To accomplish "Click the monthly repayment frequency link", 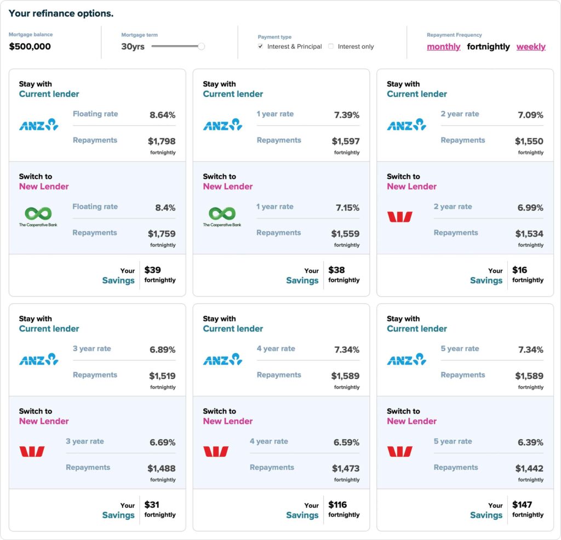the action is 443,47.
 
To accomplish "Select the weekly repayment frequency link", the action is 531,47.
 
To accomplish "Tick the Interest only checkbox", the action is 331,46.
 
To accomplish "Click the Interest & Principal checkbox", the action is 260,46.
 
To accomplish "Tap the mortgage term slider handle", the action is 202,46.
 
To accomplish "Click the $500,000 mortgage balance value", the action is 30,47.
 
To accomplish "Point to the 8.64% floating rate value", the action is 162,115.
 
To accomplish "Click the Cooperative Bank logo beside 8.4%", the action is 38,216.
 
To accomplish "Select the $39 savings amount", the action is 152,270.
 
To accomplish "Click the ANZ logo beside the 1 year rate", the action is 222,124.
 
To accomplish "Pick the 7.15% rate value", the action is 347,208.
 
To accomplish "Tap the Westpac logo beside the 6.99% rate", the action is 399,216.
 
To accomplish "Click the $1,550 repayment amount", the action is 529,141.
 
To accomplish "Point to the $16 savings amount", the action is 519,270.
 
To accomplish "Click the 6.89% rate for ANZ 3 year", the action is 162,349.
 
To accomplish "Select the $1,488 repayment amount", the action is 162,468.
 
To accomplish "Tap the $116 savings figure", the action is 337,504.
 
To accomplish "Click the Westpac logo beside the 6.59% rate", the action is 216,451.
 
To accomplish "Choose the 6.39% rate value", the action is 530,443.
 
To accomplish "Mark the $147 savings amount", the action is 522,504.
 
